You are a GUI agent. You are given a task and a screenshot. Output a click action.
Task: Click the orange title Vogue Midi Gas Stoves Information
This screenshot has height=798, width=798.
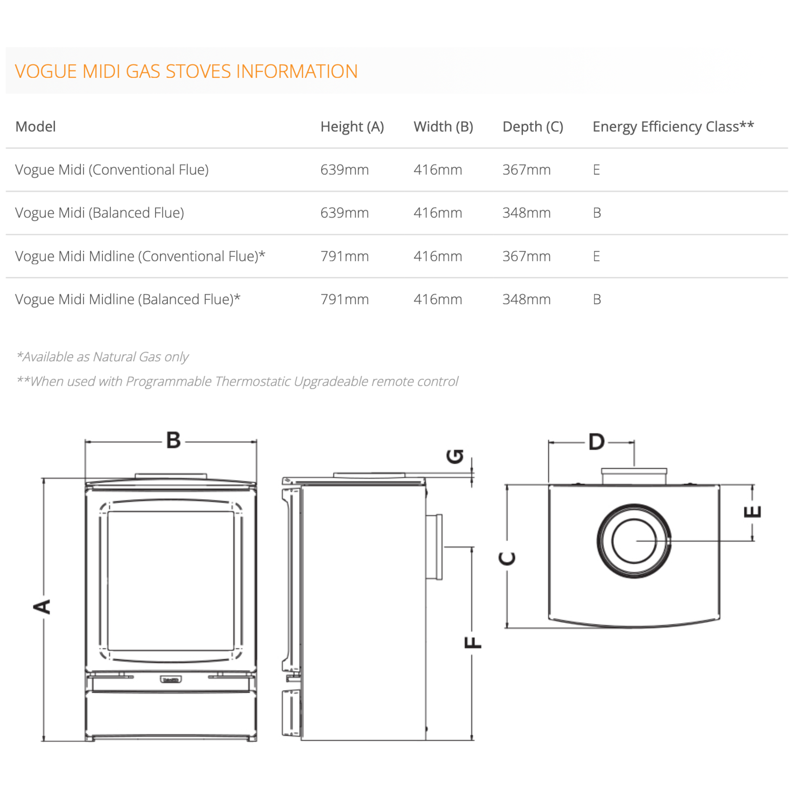point(186,71)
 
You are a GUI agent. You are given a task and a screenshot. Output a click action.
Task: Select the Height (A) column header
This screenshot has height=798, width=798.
point(352,127)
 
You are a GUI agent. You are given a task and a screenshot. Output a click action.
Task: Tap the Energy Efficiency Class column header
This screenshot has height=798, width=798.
point(673,127)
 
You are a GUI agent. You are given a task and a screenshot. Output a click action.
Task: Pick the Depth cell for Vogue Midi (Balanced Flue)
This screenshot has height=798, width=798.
point(526,213)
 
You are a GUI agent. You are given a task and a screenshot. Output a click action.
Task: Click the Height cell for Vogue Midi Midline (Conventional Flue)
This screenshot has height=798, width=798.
point(344,257)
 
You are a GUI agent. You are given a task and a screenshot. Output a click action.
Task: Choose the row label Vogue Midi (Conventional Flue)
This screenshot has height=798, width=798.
point(112,170)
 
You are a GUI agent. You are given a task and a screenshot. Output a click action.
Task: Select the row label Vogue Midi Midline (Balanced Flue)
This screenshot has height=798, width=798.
point(128,299)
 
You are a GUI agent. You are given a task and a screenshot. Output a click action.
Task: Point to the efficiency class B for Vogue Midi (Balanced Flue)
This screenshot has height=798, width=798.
point(597,213)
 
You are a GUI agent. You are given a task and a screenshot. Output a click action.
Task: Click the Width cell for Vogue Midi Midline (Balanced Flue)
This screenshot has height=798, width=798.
point(438,299)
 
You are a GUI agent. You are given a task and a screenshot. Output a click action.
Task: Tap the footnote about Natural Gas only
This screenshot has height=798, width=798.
point(102,357)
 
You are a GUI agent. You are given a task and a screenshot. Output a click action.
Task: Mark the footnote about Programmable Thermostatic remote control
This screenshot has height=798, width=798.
point(238,381)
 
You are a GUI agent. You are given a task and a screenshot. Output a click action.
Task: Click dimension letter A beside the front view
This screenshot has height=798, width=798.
point(42,607)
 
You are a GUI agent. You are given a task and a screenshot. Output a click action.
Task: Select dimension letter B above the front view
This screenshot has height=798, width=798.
point(173,440)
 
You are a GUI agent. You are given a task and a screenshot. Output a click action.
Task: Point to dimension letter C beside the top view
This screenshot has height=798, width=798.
point(507,558)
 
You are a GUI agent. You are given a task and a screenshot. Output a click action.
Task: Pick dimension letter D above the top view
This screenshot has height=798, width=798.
point(597,442)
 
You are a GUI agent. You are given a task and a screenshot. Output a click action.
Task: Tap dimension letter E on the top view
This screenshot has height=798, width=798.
point(752,512)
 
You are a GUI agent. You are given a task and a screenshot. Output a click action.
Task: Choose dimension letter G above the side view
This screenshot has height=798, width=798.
point(455,456)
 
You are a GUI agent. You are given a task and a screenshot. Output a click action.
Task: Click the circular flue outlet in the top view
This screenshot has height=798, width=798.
point(634,541)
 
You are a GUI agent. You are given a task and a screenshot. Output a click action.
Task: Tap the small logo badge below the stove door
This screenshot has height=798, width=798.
point(171,679)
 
